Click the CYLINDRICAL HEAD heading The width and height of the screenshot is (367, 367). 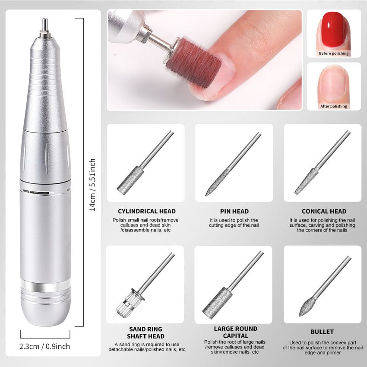coord(147,211)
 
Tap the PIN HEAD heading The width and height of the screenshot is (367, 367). coord(234,212)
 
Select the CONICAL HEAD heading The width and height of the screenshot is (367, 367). coord(324,212)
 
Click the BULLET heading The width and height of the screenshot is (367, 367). coord(322,332)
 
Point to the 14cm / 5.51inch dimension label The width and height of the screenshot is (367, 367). coord(92,185)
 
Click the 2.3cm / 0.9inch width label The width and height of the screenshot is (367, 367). coord(45,346)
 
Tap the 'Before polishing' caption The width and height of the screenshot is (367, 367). coord(334,54)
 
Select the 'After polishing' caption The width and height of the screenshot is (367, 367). coord(334,106)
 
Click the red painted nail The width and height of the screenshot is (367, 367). coord(332,29)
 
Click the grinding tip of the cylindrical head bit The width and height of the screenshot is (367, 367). coord(130,180)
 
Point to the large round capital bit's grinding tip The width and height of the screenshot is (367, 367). coord(218,303)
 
